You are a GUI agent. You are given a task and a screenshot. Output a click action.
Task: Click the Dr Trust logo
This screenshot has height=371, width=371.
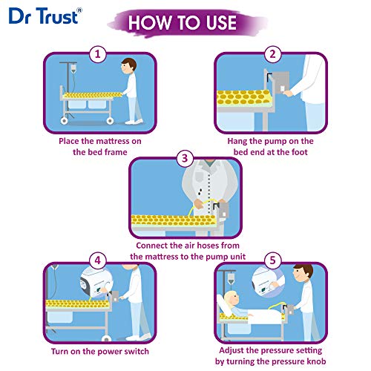tap(45, 16)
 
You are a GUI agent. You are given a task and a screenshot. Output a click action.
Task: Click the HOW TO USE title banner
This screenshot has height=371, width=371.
tap(187, 23)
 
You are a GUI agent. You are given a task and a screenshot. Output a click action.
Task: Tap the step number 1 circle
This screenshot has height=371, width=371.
tap(98, 54)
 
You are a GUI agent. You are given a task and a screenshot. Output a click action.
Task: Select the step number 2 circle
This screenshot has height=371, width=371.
tap(272, 54)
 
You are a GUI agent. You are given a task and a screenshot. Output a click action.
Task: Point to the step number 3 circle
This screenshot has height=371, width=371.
tap(185, 158)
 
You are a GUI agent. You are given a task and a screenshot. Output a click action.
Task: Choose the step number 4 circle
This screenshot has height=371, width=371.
tap(98, 260)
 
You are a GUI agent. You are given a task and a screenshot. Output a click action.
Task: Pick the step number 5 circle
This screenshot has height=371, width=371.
tap(272, 260)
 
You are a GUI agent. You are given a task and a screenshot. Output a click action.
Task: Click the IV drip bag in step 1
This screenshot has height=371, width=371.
tap(73, 69)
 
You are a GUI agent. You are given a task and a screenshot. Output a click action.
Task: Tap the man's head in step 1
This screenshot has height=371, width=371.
tap(128, 66)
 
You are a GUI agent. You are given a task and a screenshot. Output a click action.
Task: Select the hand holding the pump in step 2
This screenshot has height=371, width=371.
tap(288, 93)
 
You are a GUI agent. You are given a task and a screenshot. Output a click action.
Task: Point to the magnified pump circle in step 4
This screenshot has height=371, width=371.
tap(96, 283)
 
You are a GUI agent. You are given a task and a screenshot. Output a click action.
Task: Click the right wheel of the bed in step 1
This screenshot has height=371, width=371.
tap(110, 121)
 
